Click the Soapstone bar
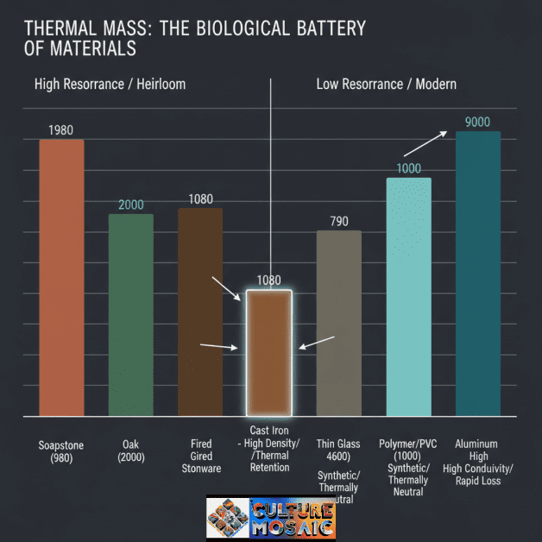click(61, 277)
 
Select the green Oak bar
click(131, 314)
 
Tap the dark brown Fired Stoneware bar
click(200, 312)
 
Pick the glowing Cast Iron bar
click(269, 352)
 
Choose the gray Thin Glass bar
click(339, 323)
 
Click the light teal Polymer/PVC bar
click(408, 297)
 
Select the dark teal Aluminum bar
click(477, 274)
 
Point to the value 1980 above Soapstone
click(61, 130)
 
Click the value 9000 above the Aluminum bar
click(477, 122)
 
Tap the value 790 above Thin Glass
click(339, 222)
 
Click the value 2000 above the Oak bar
click(131, 205)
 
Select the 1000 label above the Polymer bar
click(408, 168)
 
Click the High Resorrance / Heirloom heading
click(110, 85)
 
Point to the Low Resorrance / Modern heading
click(386, 85)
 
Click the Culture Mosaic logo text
click(292, 516)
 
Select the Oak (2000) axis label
click(131, 451)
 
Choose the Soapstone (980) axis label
click(61, 451)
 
